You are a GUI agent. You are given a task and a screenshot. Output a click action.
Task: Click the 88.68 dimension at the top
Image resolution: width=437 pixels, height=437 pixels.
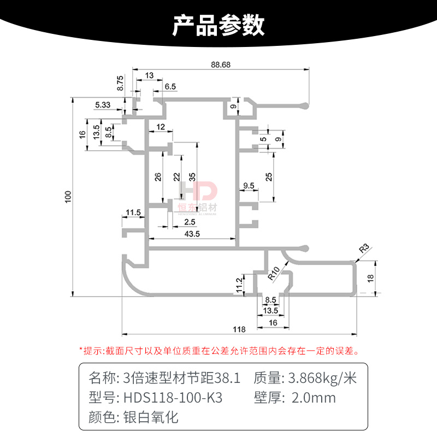pos(220,64)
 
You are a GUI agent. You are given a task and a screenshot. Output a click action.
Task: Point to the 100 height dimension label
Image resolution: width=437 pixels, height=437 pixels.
pos(68,197)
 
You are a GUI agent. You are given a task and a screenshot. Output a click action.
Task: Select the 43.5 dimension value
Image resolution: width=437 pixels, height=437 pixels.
pos(192,234)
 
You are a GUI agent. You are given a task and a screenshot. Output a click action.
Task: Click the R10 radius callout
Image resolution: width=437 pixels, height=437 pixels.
pos(275,272)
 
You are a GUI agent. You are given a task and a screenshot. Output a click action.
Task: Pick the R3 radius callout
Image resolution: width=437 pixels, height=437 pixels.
pos(364,250)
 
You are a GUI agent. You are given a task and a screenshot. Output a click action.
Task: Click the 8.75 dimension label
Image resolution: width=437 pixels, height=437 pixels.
pos(121,84)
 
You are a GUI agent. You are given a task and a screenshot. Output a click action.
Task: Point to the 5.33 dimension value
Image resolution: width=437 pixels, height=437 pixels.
pos(103,104)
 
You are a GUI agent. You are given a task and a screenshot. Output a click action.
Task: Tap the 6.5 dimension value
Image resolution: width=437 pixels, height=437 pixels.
pos(170,86)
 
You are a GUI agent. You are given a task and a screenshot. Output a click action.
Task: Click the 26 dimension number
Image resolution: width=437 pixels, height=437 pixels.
pos(158,176)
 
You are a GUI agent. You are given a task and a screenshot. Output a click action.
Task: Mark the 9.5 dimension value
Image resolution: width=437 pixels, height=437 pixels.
pos(248,186)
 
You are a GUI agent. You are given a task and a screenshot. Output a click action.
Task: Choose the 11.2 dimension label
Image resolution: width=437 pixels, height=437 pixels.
pos(238,284)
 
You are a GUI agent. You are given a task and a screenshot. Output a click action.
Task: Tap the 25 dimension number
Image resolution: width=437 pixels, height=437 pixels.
pos(268,176)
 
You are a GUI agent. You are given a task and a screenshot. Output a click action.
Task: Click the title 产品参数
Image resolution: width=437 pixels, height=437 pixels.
pos(218,25)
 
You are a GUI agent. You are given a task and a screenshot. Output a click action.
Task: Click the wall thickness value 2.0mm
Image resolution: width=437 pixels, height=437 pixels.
pos(314,397)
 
